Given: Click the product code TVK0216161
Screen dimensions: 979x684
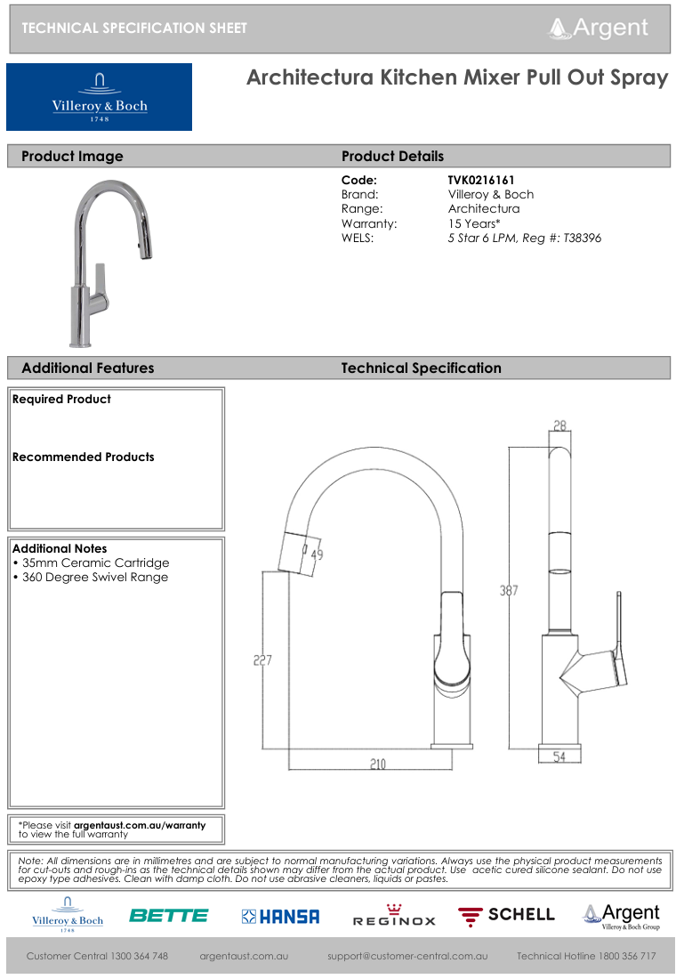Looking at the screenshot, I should pyautogui.click(x=481, y=180).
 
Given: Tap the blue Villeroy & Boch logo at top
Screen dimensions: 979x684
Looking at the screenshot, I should pyautogui.click(x=99, y=97).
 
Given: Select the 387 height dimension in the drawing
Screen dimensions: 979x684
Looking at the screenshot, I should pyautogui.click(x=509, y=590).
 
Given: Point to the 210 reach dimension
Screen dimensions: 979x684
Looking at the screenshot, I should pyautogui.click(x=378, y=765).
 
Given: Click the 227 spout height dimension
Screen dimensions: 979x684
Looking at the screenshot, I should pyautogui.click(x=262, y=660).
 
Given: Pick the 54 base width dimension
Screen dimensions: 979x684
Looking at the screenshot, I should pyautogui.click(x=559, y=757).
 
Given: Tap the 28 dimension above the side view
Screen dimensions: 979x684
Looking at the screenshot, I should pyautogui.click(x=559, y=426).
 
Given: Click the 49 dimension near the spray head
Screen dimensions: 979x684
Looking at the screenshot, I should pyautogui.click(x=317, y=555).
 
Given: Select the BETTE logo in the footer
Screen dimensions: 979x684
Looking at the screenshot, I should pyautogui.click(x=168, y=915).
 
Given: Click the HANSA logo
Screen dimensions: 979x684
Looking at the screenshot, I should pyautogui.click(x=280, y=916).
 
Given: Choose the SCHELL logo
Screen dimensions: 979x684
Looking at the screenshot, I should pyautogui.click(x=506, y=915).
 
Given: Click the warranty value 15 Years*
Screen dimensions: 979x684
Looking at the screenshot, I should pyautogui.click(x=474, y=223).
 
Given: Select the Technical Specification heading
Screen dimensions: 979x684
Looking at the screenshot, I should pyautogui.click(x=421, y=368).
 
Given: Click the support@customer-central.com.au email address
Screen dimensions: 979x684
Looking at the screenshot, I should pyautogui.click(x=407, y=956).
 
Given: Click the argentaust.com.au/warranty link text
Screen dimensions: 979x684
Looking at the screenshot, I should pyautogui.click(x=139, y=825).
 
